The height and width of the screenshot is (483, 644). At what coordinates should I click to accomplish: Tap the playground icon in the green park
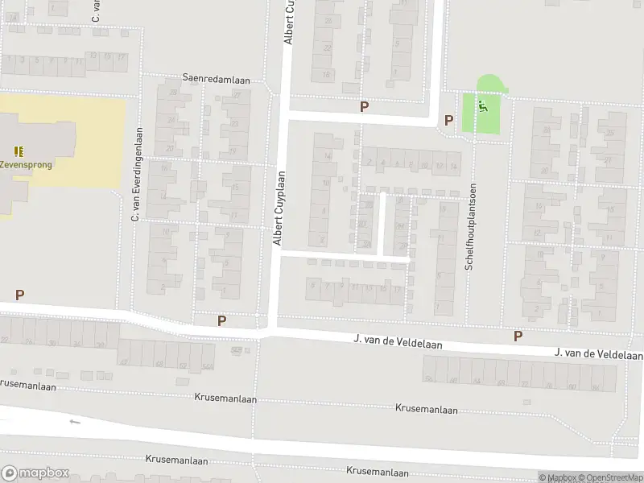coord(483,105)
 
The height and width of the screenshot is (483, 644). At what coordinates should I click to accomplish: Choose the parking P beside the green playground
coord(448,121)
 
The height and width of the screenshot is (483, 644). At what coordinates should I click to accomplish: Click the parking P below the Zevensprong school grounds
coord(19,295)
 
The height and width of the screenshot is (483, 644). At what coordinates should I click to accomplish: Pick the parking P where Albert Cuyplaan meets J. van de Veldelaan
coord(221,320)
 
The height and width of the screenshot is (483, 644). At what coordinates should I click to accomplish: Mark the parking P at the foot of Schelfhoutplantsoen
coord(518,336)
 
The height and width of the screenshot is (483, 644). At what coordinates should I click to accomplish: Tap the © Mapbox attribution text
coord(559,477)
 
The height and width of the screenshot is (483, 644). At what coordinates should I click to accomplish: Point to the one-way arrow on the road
coord(75,421)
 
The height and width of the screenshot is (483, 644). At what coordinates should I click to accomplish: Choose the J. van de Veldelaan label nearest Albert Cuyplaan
coord(398,341)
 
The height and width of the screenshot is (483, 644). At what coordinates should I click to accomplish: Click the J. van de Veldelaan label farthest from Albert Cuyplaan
coord(598,354)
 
